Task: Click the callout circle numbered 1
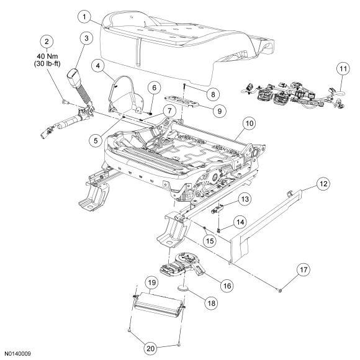(84, 17)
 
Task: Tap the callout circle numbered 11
(343, 69)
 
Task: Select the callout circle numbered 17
(304, 270)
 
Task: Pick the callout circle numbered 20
(151, 349)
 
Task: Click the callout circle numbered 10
(250, 124)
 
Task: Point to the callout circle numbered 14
(240, 222)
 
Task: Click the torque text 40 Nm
(47, 56)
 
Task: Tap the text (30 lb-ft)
(47, 63)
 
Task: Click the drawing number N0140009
(17, 354)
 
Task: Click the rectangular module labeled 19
(158, 304)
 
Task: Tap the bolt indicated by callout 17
(279, 290)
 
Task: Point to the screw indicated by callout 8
(184, 86)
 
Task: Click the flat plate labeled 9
(182, 101)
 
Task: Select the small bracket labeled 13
(217, 209)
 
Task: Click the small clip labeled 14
(218, 230)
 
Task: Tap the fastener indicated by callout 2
(65, 101)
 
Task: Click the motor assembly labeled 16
(182, 264)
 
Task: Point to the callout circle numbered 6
(154, 88)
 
